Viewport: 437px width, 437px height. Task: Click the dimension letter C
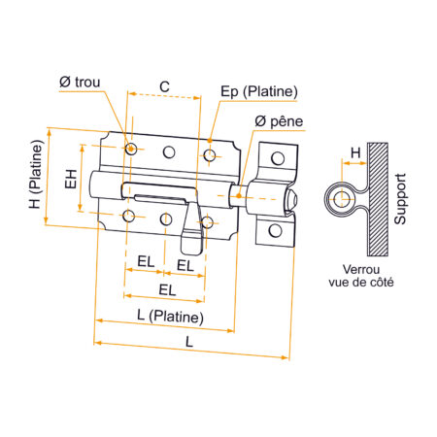[x=164, y=86]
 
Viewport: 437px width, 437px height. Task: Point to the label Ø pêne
[x=279, y=120]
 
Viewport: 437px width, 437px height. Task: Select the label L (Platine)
[x=171, y=318]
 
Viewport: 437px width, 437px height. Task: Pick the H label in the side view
[x=355, y=152]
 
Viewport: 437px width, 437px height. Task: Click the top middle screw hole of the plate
[x=168, y=151]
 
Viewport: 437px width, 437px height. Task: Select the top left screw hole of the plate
[x=130, y=149]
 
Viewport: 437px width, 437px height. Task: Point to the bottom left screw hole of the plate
[x=129, y=215]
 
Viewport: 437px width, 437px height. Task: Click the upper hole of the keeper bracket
[x=276, y=158]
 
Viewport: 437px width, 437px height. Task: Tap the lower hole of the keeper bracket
[x=276, y=230]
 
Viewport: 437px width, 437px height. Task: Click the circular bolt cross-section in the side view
[x=341, y=200]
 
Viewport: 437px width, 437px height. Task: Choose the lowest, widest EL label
[x=167, y=289]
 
